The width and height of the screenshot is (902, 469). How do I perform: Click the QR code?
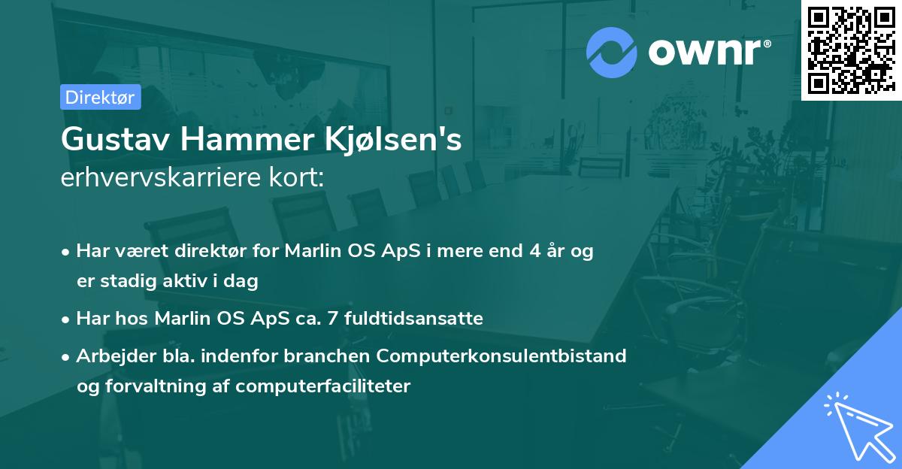[851, 50]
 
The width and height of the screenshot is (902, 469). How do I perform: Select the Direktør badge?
[100, 97]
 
